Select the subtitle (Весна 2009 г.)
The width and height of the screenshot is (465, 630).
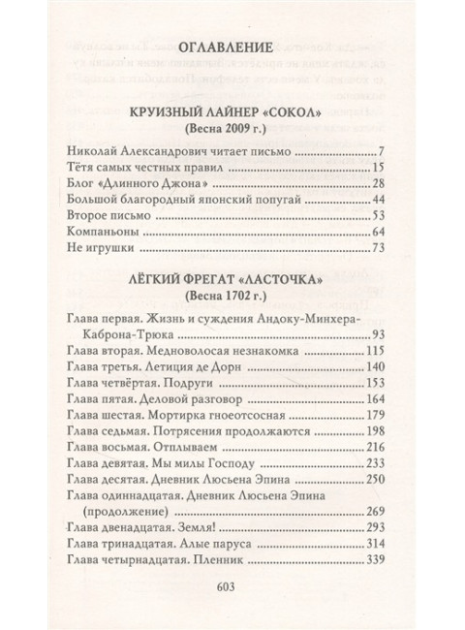click(232, 129)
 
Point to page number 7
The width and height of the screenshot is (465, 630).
click(384, 152)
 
